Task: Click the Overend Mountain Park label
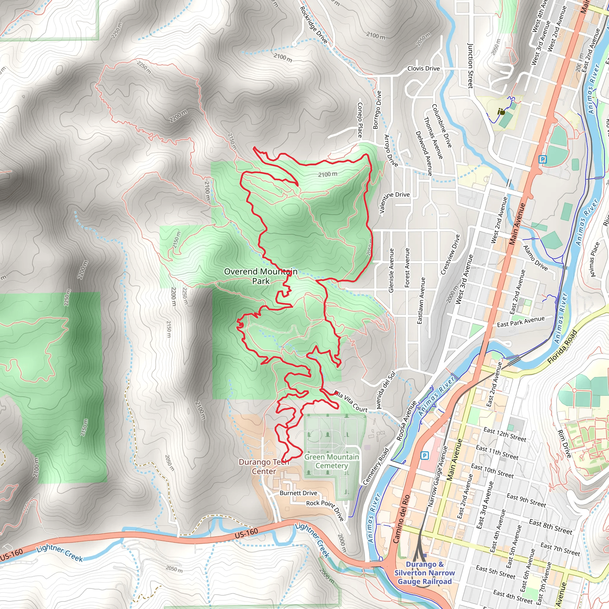[x=261, y=276]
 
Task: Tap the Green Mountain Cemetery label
[x=332, y=461]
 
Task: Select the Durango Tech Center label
[x=264, y=467]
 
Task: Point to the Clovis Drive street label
[x=423, y=68]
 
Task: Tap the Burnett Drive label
[x=298, y=493]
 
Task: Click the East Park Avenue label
[x=521, y=321]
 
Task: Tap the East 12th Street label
[x=505, y=434]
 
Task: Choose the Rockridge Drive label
[x=313, y=25]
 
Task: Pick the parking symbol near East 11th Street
[x=425, y=455]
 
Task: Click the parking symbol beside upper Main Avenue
[x=542, y=159]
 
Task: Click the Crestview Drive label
[x=450, y=254]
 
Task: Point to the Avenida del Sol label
[x=386, y=390]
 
